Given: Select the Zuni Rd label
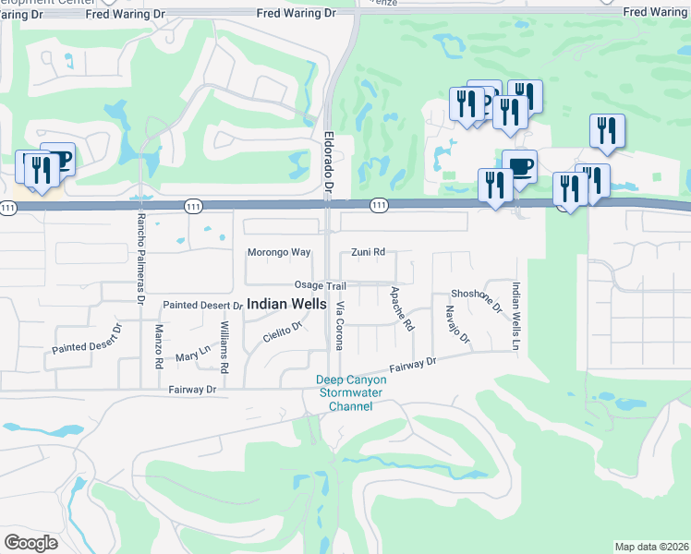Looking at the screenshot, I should (x=368, y=252).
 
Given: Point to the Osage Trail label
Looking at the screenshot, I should (x=320, y=286).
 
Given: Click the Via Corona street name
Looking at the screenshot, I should (x=340, y=326).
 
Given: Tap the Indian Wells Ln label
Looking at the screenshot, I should (x=516, y=315).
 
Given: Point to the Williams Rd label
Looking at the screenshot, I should (x=224, y=347).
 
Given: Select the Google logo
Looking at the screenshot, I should (x=30, y=542).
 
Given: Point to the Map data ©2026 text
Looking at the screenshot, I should (x=651, y=547).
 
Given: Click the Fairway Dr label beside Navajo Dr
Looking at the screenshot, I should (x=412, y=366).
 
